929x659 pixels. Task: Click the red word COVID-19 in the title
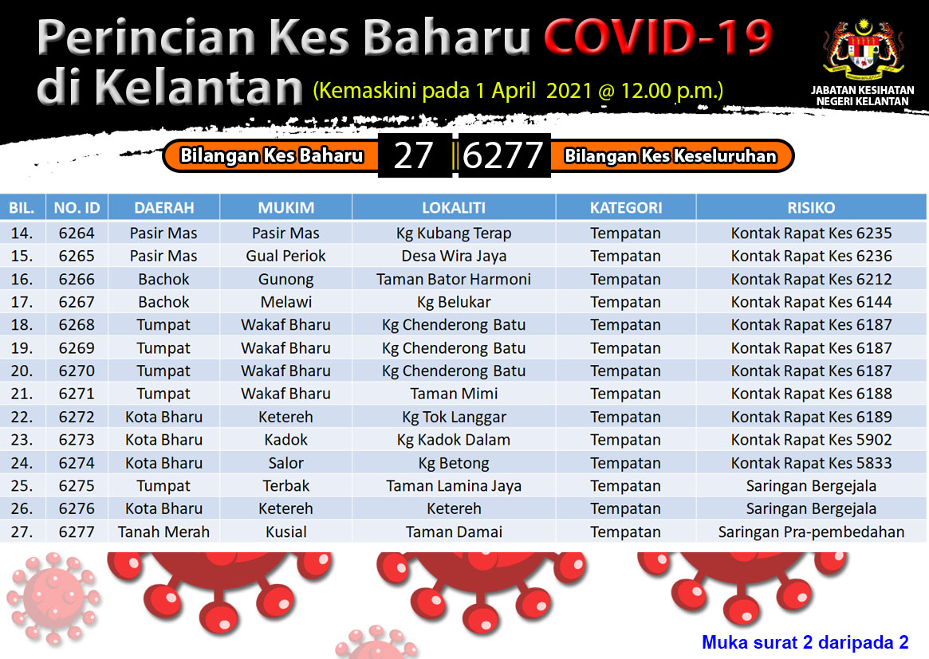[658, 37]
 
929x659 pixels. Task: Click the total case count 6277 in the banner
[502, 155]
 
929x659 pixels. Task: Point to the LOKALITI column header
[454, 208]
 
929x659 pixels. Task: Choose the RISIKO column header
[811, 208]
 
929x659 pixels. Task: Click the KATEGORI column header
[626, 208]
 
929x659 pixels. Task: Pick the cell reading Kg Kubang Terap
[454, 233]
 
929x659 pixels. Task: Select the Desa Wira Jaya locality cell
[454, 256]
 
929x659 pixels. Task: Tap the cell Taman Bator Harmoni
[454, 279]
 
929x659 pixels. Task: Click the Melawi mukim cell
[286, 302]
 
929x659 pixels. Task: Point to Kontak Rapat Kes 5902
[811, 440]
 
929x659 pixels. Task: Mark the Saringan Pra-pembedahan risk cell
[811, 532]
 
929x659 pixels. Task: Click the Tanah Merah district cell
[163, 532]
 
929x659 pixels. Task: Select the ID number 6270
[77, 371]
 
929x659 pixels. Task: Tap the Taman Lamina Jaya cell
[454, 486]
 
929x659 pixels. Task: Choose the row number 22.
[22, 417]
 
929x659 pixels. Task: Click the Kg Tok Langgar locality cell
[454, 418]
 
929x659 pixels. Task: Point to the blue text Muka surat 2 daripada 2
[805, 642]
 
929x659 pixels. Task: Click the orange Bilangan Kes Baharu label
[271, 155]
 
